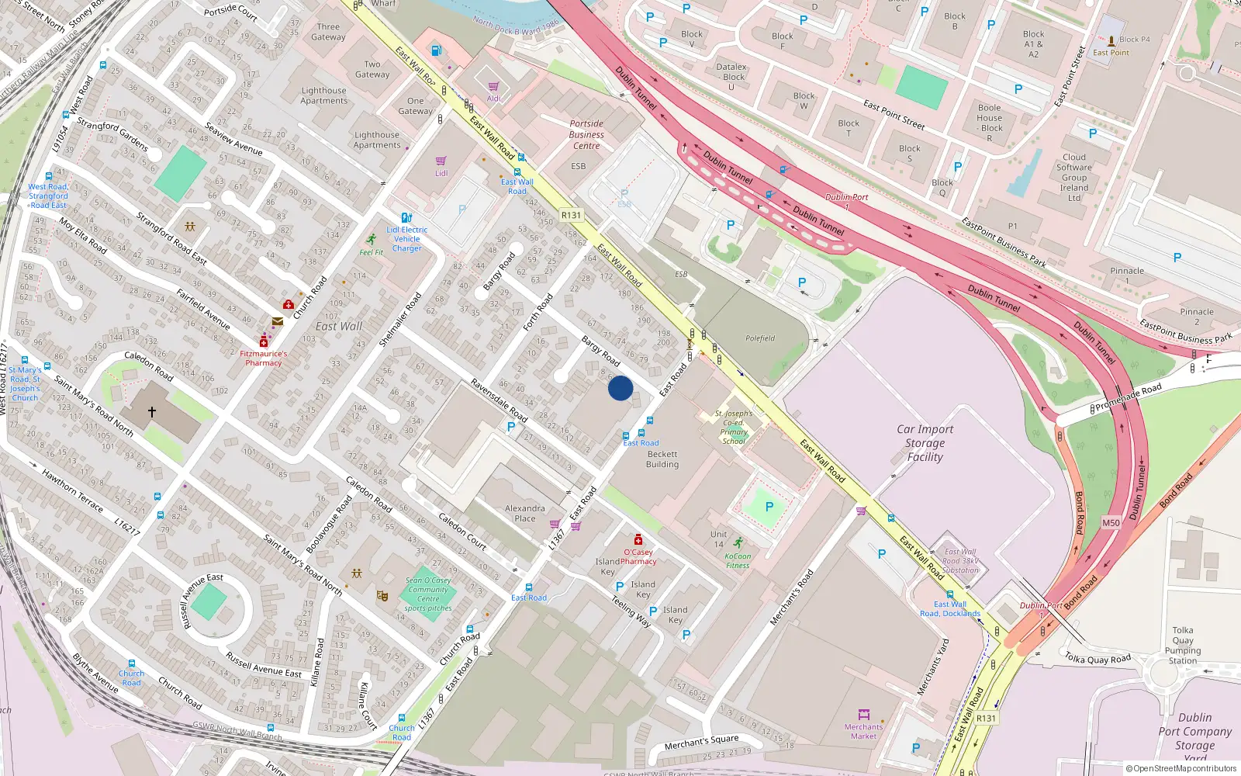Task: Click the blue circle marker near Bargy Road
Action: pos(620,388)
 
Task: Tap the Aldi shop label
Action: pos(493,99)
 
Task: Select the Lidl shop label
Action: pos(441,173)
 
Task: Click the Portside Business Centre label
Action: pos(586,134)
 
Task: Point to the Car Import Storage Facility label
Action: pos(925,443)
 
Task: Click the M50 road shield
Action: pos(1111,523)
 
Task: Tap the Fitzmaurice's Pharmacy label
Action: pos(264,358)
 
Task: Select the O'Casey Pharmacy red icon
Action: pos(638,539)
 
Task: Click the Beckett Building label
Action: pos(662,459)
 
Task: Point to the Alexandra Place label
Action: pos(525,513)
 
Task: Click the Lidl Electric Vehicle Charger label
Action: pos(407,239)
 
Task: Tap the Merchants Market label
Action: pos(863,732)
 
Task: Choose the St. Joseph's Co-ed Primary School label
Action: pos(733,428)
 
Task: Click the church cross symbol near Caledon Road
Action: pos(152,412)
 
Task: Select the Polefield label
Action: pos(760,338)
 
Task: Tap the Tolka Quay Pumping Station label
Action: pos(1183,646)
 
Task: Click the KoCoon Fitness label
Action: pos(738,560)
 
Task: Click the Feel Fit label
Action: pos(372,252)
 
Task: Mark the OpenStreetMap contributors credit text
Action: pos(1181,768)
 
